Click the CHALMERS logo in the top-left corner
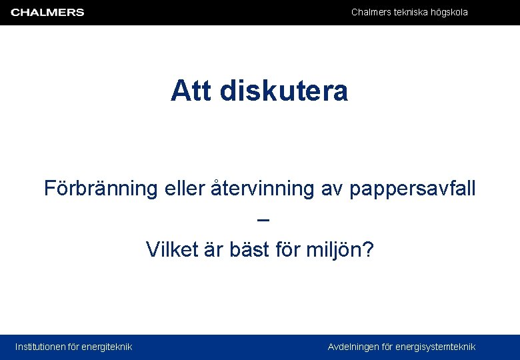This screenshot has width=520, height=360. pos(47,12)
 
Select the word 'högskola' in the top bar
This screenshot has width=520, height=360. pos(449,12)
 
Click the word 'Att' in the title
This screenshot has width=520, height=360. pos(191,91)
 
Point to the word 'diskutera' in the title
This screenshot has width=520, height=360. pos(283,91)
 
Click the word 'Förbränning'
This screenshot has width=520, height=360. pos(99,189)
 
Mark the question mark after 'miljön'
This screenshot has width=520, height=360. pos(369,250)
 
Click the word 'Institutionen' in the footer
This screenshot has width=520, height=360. pos(41,347)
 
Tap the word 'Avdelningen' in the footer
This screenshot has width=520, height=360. pos(353,347)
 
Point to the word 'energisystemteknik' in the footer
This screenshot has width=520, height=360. pos(435,347)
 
